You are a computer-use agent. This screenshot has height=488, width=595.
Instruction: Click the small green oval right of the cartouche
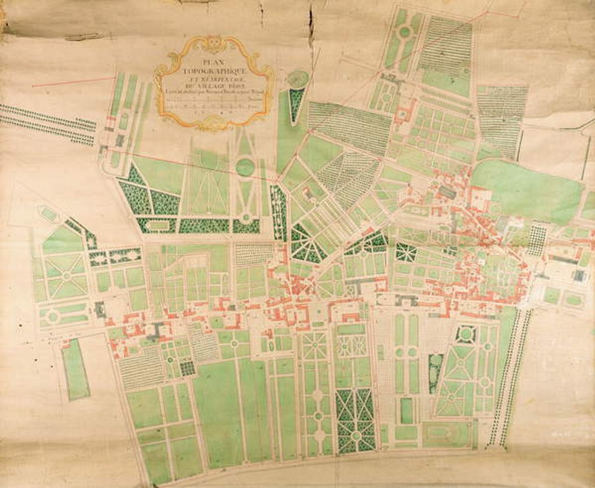pos(298,79)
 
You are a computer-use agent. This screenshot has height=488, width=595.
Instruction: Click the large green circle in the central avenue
pos(245,167)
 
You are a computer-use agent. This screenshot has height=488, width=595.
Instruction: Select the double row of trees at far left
pos(46,123)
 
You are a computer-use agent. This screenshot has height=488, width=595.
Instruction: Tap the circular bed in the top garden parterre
pos(404,33)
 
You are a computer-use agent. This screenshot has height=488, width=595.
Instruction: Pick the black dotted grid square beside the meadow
pos(537,240)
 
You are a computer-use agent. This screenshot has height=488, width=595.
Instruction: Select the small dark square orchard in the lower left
pos(187,368)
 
